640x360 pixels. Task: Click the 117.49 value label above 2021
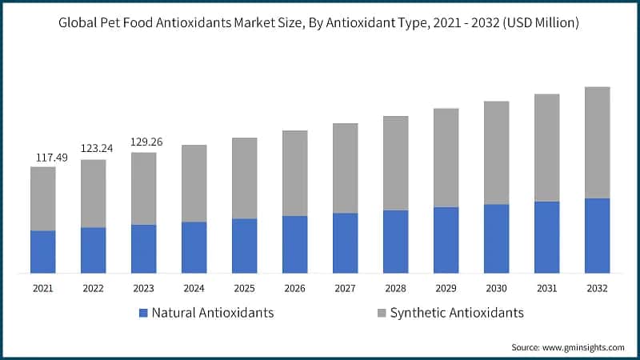pyautogui.click(x=50, y=158)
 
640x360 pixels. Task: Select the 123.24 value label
pyautogui.click(x=96, y=149)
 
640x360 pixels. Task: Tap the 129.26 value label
pyautogui.click(x=146, y=142)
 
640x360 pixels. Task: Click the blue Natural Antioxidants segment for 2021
pyautogui.click(x=43, y=252)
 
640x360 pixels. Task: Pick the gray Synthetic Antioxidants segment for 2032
pyautogui.click(x=597, y=142)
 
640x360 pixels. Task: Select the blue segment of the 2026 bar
pyautogui.click(x=294, y=244)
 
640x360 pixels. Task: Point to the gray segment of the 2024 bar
pyautogui.click(x=194, y=183)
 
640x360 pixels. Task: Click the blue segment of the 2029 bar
pyautogui.click(x=446, y=240)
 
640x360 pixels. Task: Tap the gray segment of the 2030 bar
pyautogui.click(x=496, y=153)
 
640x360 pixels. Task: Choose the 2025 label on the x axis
pyautogui.click(x=244, y=288)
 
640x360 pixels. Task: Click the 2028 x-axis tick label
pyautogui.click(x=395, y=288)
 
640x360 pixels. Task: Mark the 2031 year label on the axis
pyautogui.click(x=546, y=288)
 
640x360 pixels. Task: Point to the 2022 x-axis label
pyautogui.click(x=93, y=288)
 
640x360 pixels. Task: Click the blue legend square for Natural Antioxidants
pyautogui.click(x=143, y=313)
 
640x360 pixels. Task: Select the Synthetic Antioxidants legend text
pyautogui.click(x=456, y=313)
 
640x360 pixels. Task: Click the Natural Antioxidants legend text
pyautogui.click(x=213, y=313)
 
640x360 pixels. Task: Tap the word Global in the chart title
pyautogui.click(x=78, y=23)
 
